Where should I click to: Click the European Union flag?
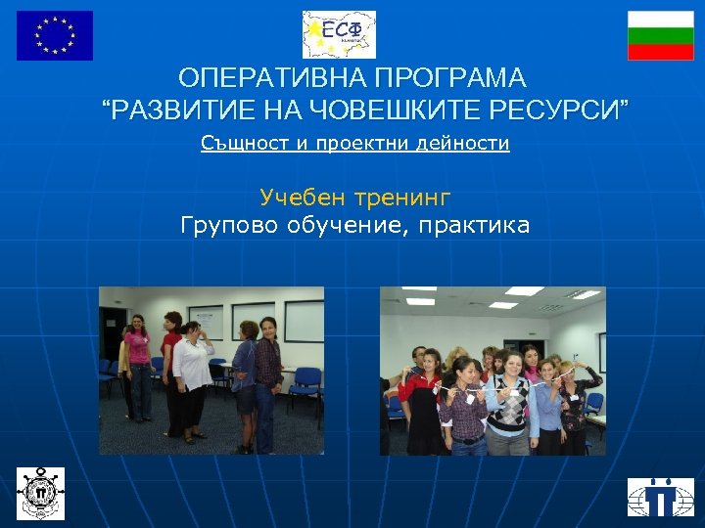click(x=55, y=35)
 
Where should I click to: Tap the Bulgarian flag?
click(x=660, y=35)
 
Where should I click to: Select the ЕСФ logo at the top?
click(x=339, y=35)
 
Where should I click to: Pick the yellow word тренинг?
click(x=404, y=198)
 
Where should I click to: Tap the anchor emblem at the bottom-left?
click(x=40, y=493)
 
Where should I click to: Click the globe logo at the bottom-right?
click(x=661, y=497)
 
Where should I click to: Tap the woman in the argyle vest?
click(x=507, y=406)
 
